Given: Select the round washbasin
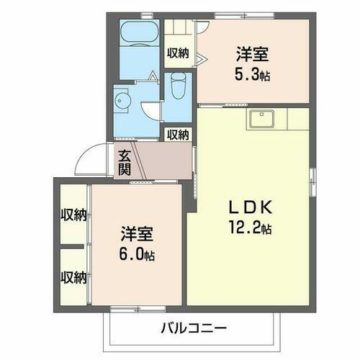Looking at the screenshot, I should [121, 101].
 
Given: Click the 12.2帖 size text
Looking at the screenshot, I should [251, 229].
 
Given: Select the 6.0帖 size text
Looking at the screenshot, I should [136, 255].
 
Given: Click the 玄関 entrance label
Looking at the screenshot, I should [125, 163].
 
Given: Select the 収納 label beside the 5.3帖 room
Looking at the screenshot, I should [178, 52].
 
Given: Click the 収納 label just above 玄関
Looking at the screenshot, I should [178, 134].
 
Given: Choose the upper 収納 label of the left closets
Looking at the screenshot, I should [73, 215].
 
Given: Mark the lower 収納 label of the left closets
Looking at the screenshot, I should [73, 276].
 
